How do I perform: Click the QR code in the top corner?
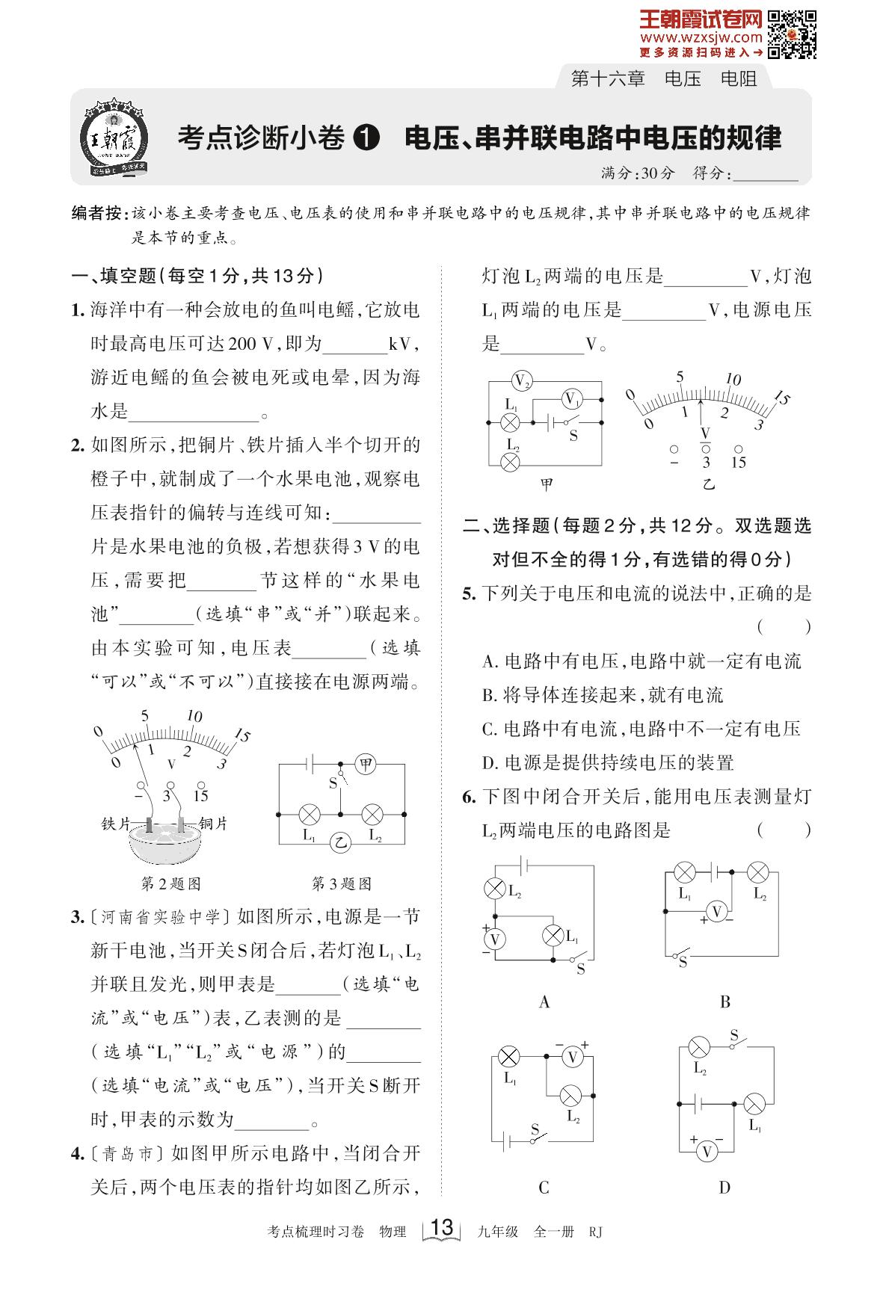792,34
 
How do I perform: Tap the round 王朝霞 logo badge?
115,138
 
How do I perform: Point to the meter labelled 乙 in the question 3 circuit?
341,842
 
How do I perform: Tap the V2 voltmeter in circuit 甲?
522,381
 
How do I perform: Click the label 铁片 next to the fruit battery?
116,824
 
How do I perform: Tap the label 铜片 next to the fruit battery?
213,824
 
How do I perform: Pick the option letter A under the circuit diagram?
544,1002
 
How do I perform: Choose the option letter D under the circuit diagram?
724,1188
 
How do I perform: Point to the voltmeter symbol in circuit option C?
573,1058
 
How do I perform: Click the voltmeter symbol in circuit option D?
706,1152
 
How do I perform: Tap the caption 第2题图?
171,883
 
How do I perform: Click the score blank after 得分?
766,174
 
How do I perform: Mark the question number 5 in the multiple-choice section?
469,594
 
